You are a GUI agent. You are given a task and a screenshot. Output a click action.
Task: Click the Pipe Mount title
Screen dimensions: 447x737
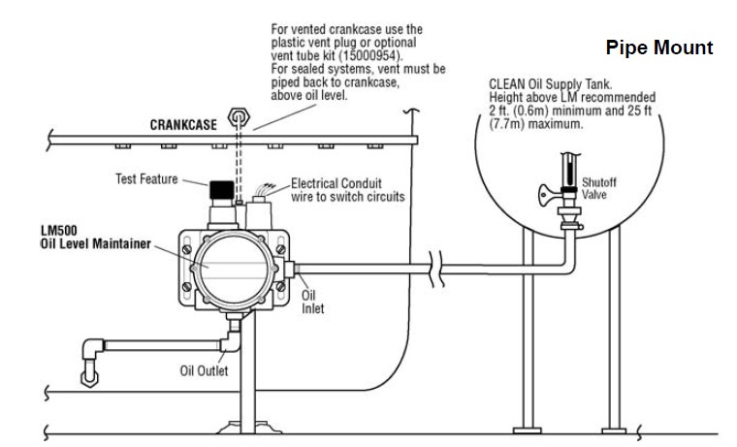[x=658, y=48]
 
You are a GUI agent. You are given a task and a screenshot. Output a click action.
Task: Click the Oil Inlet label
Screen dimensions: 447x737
[x=311, y=301]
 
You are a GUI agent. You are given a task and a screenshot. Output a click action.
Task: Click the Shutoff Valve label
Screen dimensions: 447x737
[x=593, y=188]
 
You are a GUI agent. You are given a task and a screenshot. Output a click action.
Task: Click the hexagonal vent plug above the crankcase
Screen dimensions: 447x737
[x=235, y=118]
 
